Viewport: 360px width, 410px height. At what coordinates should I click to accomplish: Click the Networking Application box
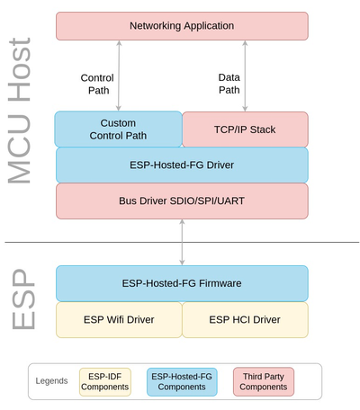click(182, 25)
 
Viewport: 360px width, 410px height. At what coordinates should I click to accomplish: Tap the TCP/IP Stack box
click(245, 129)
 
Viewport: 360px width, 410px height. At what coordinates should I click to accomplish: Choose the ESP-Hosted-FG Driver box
click(182, 165)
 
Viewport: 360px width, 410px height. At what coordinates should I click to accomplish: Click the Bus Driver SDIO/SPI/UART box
click(182, 200)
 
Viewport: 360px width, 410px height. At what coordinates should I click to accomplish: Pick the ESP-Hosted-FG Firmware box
click(182, 282)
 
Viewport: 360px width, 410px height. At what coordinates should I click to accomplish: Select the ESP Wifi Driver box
click(119, 318)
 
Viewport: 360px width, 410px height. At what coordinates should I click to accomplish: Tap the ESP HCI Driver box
click(245, 318)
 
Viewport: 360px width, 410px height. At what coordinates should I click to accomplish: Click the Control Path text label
click(97, 84)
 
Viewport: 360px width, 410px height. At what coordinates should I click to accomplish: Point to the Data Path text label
click(229, 84)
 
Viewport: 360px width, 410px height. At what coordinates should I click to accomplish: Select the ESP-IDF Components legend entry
click(105, 380)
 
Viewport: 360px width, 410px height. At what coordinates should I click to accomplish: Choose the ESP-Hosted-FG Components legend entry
click(183, 380)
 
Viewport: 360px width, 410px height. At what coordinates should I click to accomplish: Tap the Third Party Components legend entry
click(263, 380)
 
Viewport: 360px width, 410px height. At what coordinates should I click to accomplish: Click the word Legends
click(52, 380)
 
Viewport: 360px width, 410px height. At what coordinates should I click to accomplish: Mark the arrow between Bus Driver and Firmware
click(183, 241)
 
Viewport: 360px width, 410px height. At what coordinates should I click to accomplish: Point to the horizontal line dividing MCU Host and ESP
click(90, 242)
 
